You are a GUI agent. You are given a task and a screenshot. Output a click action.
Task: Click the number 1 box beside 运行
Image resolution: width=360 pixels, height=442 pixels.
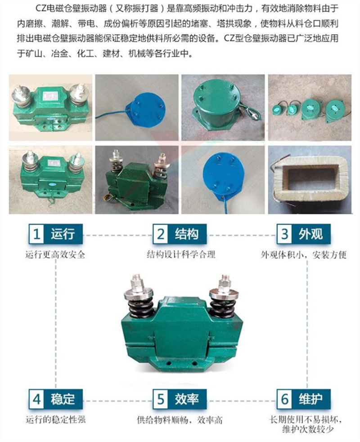(36, 234)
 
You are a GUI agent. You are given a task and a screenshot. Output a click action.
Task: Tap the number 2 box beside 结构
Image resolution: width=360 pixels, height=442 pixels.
(161, 234)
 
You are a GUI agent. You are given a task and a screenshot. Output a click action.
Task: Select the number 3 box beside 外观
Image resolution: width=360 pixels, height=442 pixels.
(284, 234)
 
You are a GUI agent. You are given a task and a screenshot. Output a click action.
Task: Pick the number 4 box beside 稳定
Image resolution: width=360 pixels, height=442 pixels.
(36, 399)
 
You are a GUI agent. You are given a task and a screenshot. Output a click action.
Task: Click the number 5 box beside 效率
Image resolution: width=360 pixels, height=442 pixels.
(161, 399)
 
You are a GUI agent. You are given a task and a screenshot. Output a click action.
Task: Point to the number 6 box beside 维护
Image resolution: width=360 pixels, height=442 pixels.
(284, 399)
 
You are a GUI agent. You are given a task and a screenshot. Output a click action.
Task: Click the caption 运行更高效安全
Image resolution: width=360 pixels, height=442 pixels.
(55, 255)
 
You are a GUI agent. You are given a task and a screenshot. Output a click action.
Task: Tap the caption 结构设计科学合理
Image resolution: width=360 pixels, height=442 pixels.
(181, 255)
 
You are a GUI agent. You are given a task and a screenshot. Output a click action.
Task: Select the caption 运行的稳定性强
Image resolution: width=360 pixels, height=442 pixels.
(55, 420)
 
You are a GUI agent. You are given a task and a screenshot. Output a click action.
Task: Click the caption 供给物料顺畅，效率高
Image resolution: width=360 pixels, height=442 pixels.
(180, 420)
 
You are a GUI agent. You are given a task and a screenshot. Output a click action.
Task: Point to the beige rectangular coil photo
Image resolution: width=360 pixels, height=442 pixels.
(310, 180)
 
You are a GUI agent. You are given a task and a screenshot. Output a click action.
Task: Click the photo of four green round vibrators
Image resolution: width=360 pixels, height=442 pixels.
(310, 107)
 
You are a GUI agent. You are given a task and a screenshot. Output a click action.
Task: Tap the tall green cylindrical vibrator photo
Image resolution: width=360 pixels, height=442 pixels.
(223, 107)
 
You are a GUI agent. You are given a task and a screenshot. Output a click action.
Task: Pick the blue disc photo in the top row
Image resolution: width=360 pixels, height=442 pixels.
(136, 107)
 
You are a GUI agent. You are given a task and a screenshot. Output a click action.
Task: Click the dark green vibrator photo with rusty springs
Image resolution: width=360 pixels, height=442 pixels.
(136, 180)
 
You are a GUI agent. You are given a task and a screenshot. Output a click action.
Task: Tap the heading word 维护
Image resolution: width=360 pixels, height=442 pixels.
(310, 399)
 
